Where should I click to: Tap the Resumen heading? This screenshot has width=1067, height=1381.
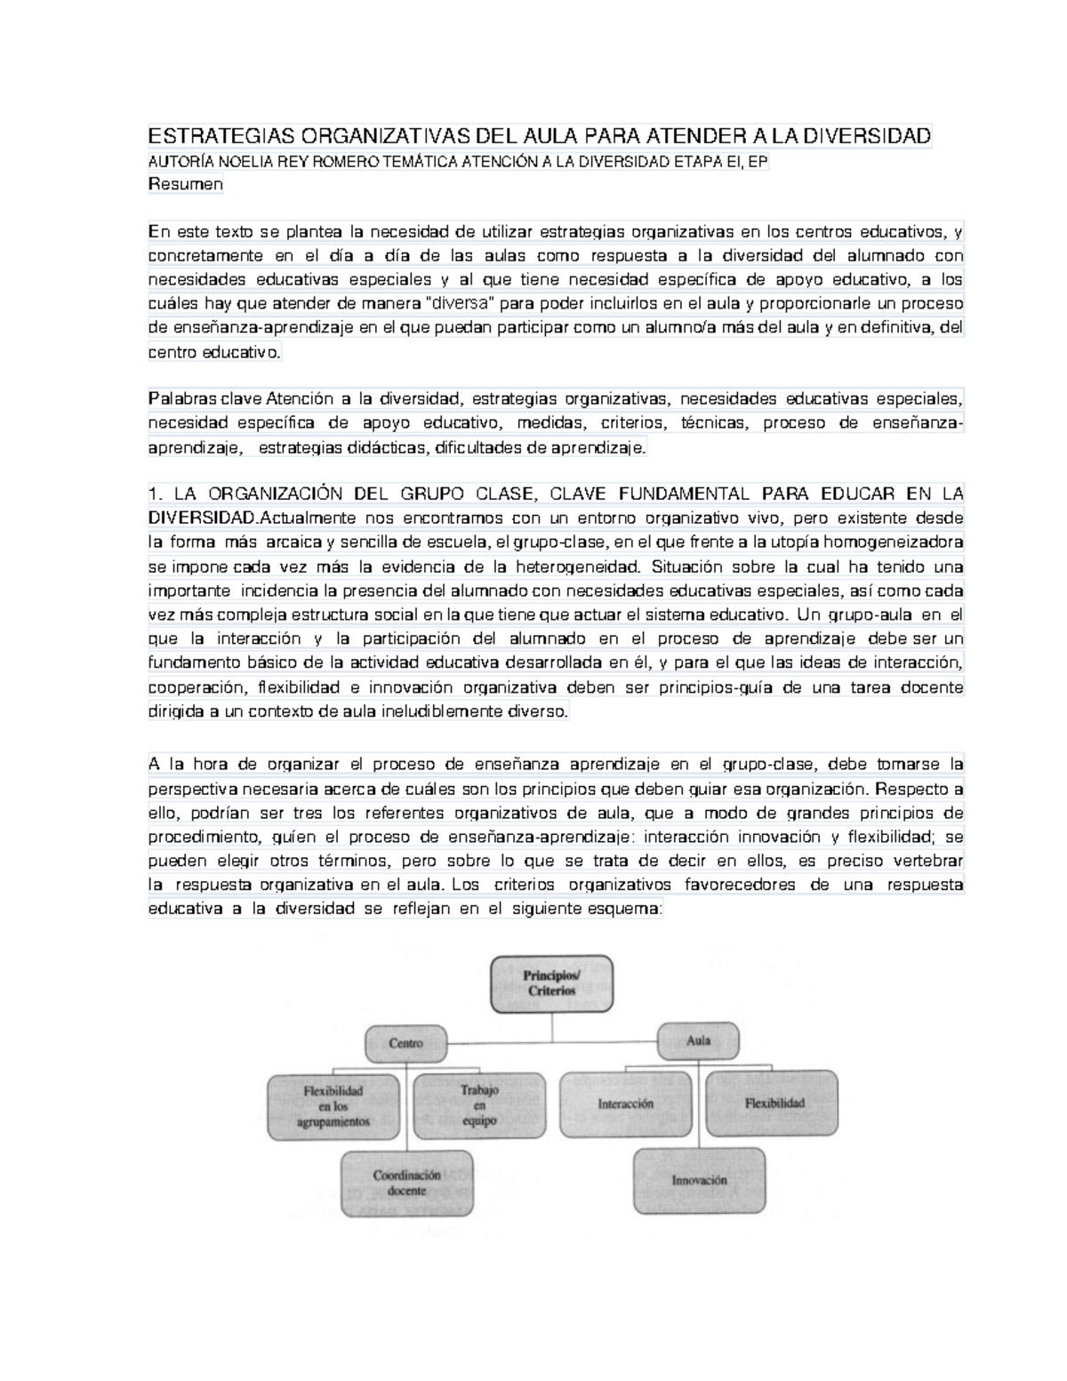coord(185,185)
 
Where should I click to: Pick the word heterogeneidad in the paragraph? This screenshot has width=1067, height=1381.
coord(576,566)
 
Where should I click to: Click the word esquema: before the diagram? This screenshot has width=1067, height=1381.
coord(626,909)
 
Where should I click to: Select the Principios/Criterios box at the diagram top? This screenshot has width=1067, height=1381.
coord(551,983)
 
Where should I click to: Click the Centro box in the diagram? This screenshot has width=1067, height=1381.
coord(405,1043)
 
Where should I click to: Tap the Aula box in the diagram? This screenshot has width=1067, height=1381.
coord(698,1040)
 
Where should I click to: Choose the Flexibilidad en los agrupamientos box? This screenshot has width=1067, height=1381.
coord(333,1106)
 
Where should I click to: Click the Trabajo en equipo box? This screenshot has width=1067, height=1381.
coord(478,1105)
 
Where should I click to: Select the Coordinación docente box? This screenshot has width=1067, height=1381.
coord(406,1183)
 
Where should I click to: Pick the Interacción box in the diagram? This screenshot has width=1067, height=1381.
coord(626,1104)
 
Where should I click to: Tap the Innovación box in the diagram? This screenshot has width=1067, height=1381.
coord(699,1180)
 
